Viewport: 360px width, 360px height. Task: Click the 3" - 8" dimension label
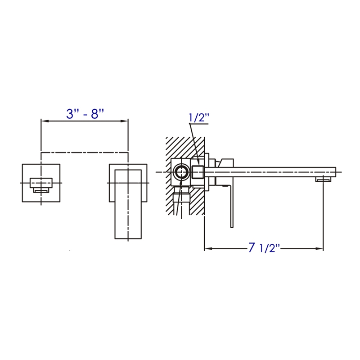pos(85,113)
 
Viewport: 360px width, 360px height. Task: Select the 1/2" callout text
pos(199,118)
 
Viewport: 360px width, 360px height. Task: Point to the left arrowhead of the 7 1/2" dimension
pos(207,248)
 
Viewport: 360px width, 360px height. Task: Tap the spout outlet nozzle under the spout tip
pos(323,180)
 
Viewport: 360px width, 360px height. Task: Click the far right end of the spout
pos(334,172)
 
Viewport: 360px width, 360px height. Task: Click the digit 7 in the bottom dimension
pos(252,247)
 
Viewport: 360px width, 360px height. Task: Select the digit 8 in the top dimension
pos(95,113)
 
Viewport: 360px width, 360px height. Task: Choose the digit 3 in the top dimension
pos(70,113)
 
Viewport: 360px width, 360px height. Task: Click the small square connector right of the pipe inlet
pos(198,172)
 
